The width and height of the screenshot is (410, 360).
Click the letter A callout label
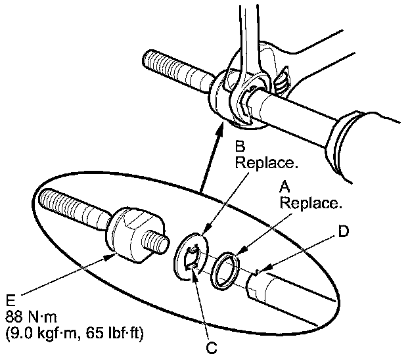coord(285,187)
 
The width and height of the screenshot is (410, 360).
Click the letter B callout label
coord(240,146)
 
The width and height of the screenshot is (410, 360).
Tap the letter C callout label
coord(212,348)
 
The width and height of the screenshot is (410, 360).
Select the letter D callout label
coord(344,231)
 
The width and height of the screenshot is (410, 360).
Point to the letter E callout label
coord(11,300)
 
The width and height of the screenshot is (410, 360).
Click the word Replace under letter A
coord(311,203)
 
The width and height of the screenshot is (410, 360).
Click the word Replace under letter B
coord(267,163)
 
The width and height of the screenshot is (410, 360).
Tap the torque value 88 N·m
coord(31,317)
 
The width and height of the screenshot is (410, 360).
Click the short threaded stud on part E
coord(155,241)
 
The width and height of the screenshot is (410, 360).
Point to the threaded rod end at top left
coord(178,70)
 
